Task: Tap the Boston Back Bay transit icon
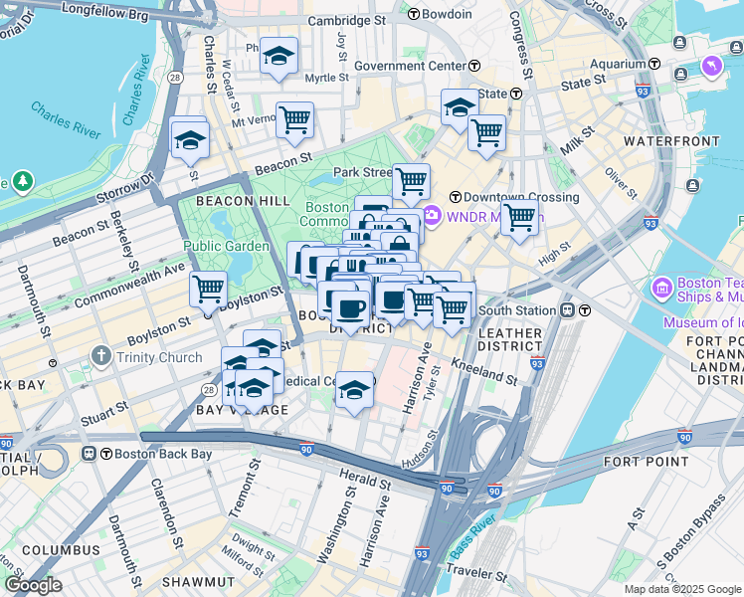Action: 90,454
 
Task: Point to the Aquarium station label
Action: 618,63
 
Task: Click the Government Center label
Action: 410,66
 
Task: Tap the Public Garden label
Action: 226,246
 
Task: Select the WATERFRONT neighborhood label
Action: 670,141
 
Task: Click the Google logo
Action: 34,585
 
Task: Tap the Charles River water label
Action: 67,120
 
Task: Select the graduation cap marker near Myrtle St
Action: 279,56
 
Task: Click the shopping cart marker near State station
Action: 486,131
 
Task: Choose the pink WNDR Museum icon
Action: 433,215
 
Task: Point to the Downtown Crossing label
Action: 504,197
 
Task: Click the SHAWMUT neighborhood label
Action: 197,581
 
